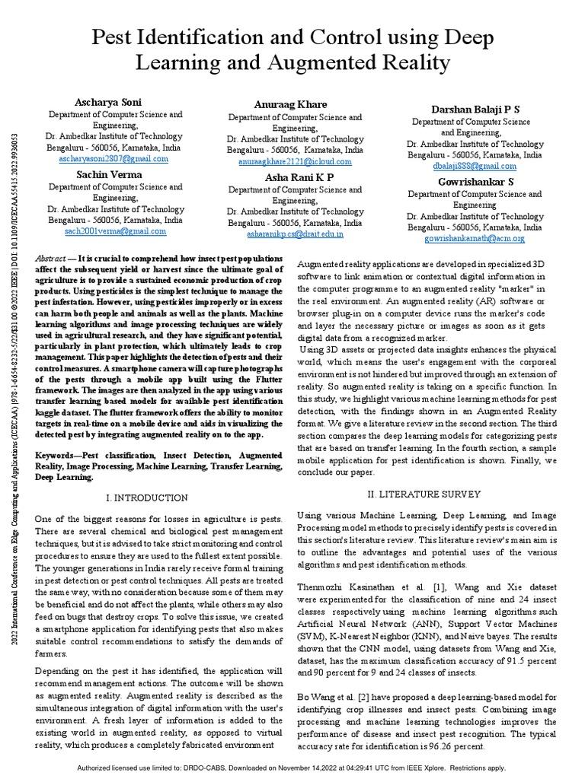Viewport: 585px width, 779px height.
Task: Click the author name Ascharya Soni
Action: point(108,102)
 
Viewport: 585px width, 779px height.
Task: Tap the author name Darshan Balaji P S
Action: point(475,110)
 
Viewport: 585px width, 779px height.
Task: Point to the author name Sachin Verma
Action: point(108,173)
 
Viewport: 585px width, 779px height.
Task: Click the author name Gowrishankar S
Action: point(475,182)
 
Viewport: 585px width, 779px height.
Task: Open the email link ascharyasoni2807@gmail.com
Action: point(114,159)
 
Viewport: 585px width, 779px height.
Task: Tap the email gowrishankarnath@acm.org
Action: point(475,238)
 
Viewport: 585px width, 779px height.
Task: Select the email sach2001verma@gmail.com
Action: point(115,231)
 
